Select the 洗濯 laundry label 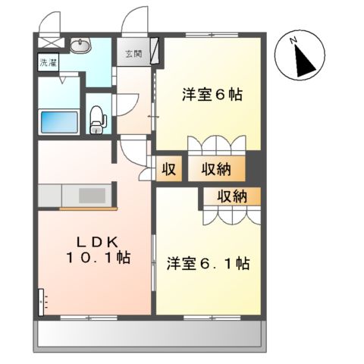pyautogui.click(x=47, y=63)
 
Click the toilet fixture pyautogui.click(x=97, y=118)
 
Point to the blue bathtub pyautogui.click(x=58, y=122)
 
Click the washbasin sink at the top pyautogui.click(x=78, y=47)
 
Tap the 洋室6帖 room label pyautogui.click(x=212, y=96)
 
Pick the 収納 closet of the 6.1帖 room pyautogui.click(x=231, y=196)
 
